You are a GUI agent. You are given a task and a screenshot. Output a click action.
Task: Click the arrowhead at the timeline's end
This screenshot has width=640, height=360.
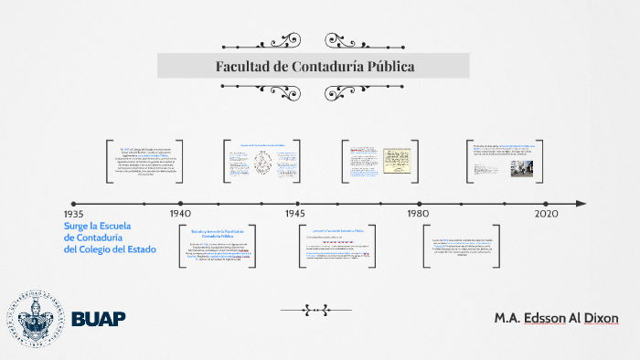[x=581, y=204]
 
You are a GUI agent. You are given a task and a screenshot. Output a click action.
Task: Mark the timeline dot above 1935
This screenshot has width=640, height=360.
[x=73, y=204]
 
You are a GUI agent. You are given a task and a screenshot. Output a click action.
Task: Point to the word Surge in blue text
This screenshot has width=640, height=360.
[x=78, y=226]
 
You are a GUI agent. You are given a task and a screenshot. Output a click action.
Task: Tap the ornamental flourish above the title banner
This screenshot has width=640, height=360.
[x=313, y=40]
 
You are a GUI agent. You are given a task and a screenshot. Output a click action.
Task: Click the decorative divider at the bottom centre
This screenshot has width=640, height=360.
[x=315, y=310]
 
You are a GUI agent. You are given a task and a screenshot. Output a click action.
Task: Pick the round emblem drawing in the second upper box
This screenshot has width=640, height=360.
[x=263, y=164]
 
